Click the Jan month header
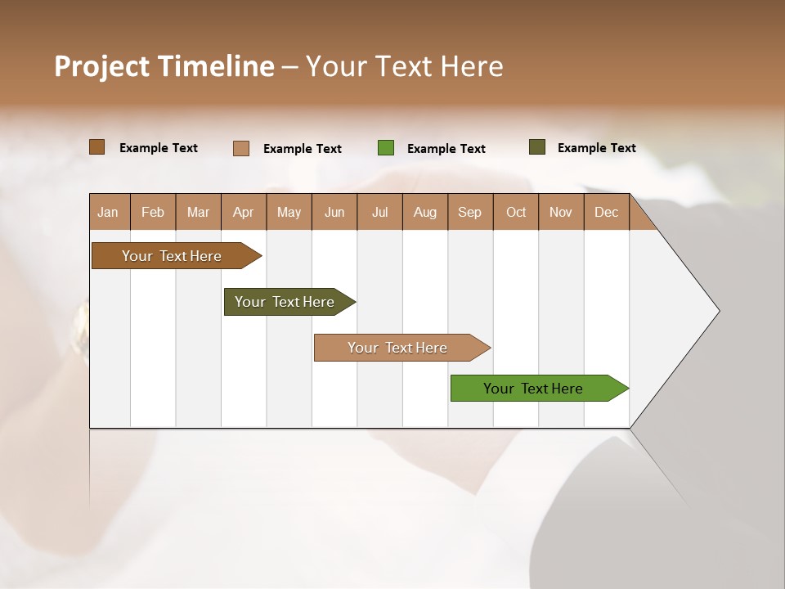click(108, 213)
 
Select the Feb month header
click(153, 213)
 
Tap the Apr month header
click(243, 213)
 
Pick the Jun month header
click(334, 213)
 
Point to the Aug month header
click(424, 213)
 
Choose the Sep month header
click(469, 213)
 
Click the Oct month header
click(516, 213)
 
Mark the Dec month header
click(606, 213)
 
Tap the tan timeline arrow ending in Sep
click(399, 348)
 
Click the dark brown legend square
click(97, 147)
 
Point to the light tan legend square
click(241, 148)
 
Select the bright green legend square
click(386, 148)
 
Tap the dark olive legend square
click(536, 147)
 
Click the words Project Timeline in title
click(164, 66)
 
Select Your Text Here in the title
click(404, 66)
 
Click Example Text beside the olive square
click(596, 148)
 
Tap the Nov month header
click(560, 213)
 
